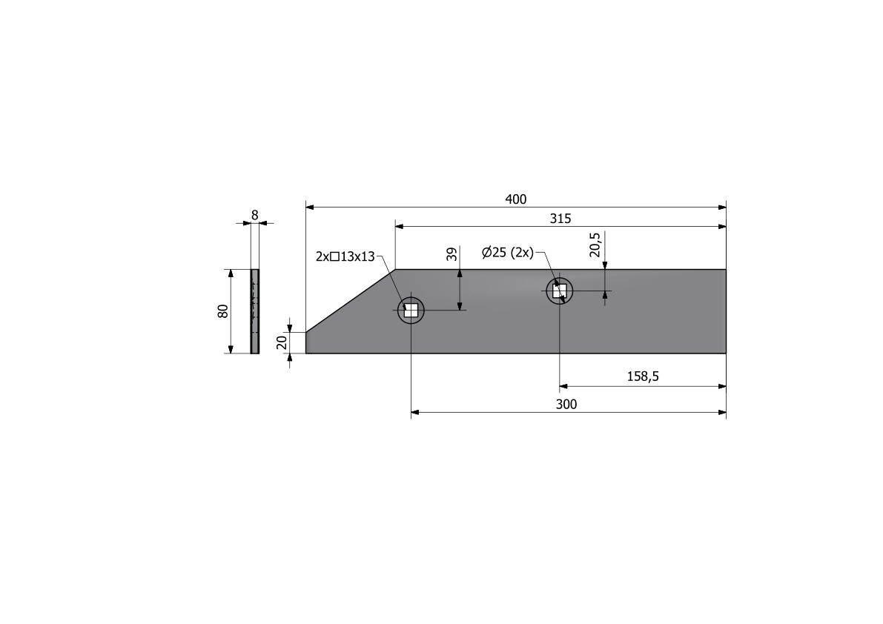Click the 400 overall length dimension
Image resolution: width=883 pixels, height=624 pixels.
pos(516,199)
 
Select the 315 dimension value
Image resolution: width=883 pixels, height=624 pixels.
pos(560,219)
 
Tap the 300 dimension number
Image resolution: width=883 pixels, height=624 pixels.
pos(566,405)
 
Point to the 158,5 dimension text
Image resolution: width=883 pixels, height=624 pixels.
pos(643,376)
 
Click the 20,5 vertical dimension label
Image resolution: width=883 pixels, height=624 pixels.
pos(596,244)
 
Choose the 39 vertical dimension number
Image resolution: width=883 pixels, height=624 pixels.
pos(452,254)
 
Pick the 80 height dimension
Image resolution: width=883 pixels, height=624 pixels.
pos(223,311)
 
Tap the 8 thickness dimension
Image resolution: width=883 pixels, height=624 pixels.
pos(254,215)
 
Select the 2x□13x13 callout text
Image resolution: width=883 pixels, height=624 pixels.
pos(345,256)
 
